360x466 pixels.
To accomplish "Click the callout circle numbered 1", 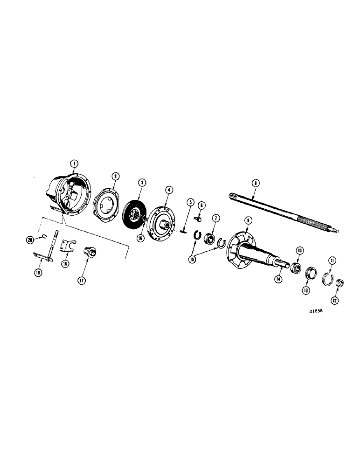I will (74, 164).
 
